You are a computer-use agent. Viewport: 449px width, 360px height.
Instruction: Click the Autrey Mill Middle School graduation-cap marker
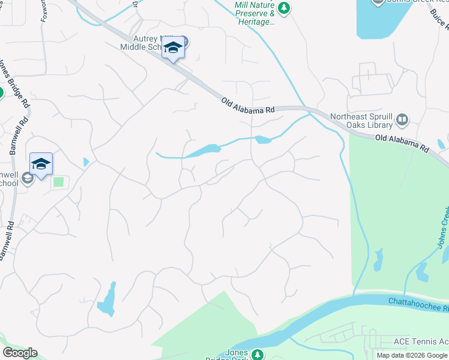click(x=173, y=48)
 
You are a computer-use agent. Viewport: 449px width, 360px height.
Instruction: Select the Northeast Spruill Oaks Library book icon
click(x=402, y=121)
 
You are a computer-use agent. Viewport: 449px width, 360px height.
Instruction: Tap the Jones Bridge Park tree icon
click(x=258, y=355)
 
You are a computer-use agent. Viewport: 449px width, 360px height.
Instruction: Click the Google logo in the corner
click(x=20, y=353)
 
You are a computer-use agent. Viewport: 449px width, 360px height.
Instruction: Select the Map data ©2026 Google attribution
click(x=411, y=355)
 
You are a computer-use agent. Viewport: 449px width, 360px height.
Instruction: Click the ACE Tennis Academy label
click(x=421, y=341)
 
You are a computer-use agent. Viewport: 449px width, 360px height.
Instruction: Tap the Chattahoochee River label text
click(x=418, y=303)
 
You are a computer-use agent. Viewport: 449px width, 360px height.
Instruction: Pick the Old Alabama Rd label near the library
click(x=402, y=143)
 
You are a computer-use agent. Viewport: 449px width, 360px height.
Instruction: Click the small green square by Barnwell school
click(x=58, y=181)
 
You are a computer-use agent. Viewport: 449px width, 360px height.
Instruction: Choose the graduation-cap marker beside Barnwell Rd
click(x=41, y=164)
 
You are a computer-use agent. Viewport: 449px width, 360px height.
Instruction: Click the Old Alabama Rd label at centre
click(x=247, y=106)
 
